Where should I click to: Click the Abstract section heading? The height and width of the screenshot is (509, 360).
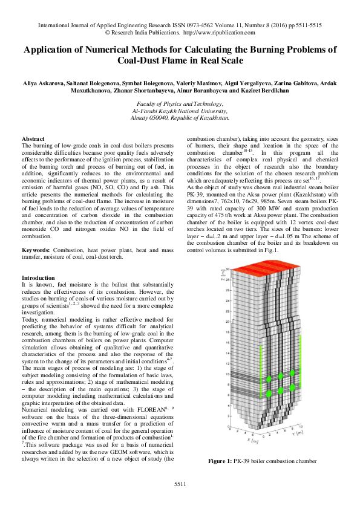coord(33,139)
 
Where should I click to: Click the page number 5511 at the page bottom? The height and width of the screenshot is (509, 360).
coord(180,485)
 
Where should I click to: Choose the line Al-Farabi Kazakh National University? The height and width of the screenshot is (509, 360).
coord(180,111)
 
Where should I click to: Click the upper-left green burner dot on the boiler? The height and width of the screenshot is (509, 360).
coord(269,379)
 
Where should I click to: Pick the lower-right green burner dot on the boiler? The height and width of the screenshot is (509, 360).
coord(292,387)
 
